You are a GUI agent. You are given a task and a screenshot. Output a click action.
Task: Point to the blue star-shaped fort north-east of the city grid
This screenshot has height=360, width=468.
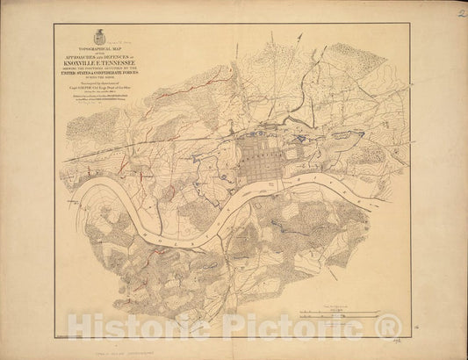302,138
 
